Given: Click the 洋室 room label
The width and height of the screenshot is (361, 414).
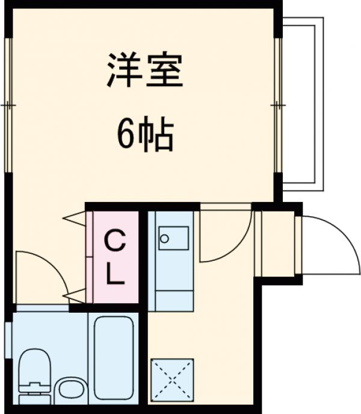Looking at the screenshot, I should click(x=145, y=71).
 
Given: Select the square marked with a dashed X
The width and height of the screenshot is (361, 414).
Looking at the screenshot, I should click(x=171, y=380).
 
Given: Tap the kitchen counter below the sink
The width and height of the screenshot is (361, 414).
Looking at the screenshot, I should click(x=171, y=289).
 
